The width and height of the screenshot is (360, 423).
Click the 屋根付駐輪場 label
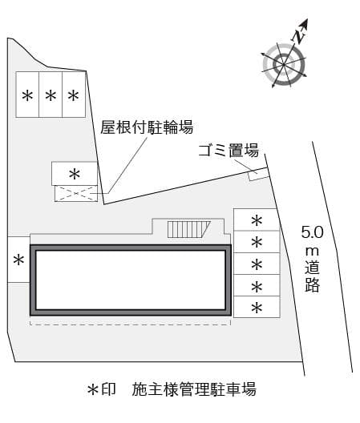pos(147,127)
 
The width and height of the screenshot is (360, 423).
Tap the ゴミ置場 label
pos(229,151)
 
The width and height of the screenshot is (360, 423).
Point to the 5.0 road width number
pos(312,232)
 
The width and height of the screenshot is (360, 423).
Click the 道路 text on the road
pos(313,276)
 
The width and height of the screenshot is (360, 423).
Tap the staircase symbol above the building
pos(188,229)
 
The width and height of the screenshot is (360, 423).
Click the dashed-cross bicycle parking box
pos(76,193)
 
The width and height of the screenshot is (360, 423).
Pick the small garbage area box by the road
pos(259,175)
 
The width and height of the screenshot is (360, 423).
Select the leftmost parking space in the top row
pos(27,95)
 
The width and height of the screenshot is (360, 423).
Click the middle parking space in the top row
pos(51,95)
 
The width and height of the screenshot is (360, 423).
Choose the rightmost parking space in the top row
pos(74,95)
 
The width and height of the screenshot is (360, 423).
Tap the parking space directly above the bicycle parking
pos(75,174)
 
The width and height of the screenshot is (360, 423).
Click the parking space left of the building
pos(18,260)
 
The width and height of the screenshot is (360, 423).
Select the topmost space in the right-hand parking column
pos(256,220)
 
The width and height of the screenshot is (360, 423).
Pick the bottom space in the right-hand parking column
pos(257,307)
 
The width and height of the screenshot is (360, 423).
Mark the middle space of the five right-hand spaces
pos(257,264)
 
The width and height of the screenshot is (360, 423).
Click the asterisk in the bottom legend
pos(93,390)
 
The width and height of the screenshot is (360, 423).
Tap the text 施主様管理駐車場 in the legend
pos(194,389)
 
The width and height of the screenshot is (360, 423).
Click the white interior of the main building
pos(131,280)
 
